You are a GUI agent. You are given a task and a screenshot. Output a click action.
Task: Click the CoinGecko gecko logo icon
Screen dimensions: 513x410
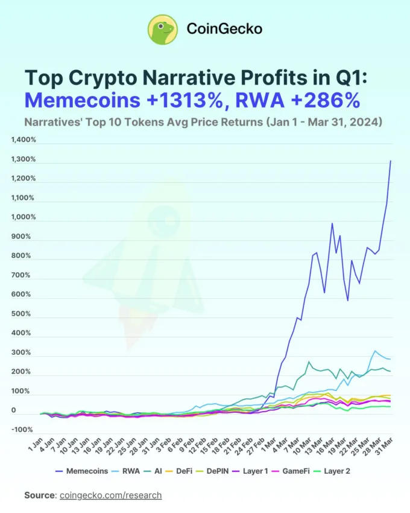point(162,28)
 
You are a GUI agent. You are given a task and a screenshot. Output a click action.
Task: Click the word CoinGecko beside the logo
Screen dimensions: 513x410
point(224,28)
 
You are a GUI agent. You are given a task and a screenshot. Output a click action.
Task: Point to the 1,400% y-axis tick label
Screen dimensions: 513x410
point(24,140)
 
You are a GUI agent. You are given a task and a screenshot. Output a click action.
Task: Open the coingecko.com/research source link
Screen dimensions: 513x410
point(110,495)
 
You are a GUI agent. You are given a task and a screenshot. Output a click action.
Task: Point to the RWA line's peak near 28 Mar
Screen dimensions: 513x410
point(376,351)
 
